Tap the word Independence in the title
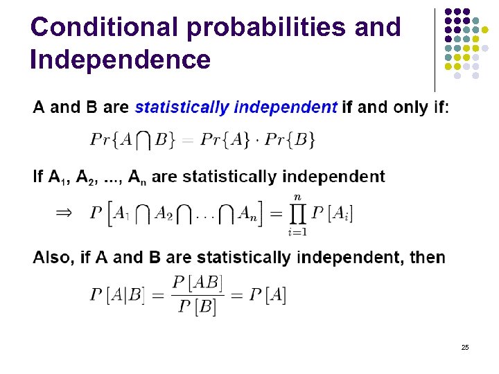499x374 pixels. [x=121, y=60]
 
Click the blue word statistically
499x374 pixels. [x=182, y=107]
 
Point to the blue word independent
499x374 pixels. [x=286, y=107]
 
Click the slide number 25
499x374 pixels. [x=464, y=346]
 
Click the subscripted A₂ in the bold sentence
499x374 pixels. [x=86, y=177]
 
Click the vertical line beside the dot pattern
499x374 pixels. [x=435, y=48]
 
